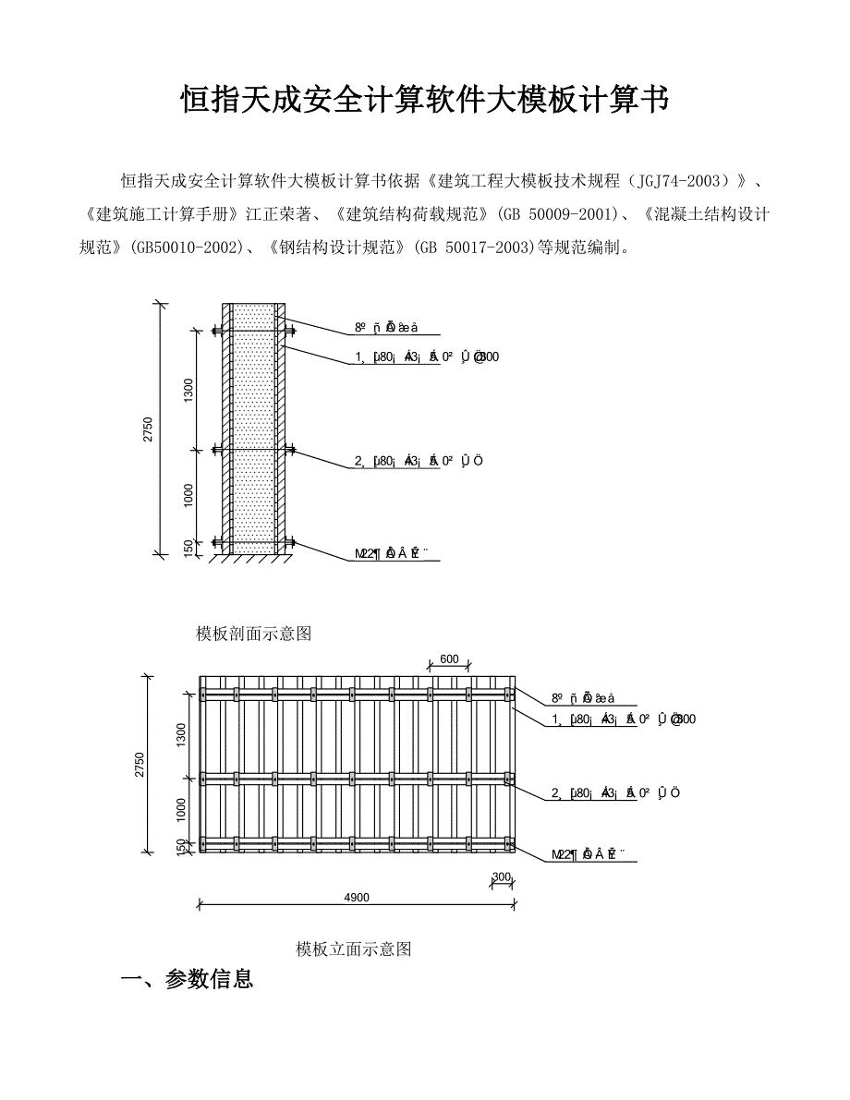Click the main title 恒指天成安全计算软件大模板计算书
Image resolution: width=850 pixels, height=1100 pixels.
(x=424, y=100)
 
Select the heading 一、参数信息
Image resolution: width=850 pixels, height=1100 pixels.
(x=188, y=979)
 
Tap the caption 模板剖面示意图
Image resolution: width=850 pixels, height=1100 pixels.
(x=254, y=634)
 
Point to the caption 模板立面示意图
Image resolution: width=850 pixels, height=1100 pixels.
(x=353, y=949)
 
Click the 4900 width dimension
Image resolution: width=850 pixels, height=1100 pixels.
(x=356, y=897)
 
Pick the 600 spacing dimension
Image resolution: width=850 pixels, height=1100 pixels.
(x=449, y=659)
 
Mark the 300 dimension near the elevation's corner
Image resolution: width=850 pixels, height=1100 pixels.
(x=502, y=876)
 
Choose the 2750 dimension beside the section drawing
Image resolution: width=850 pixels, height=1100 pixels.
(x=148, y=429)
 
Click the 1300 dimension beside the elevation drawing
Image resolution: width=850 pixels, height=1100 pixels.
(x=181, y=733)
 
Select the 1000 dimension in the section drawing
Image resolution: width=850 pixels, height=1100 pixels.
(x=188, y=496)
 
